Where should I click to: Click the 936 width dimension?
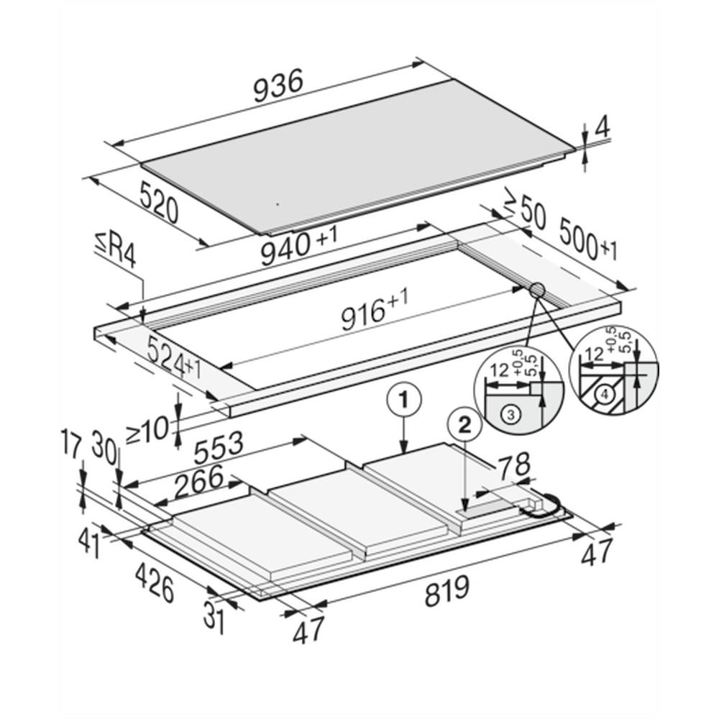coord(278,86)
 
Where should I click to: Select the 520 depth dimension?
coord(158,202)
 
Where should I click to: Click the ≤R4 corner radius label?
coord(116,251)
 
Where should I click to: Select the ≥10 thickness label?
coord(147,431)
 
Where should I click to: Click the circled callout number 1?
coord(403,400)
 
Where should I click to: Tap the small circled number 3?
coord(510,415)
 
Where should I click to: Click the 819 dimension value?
coord(446,591)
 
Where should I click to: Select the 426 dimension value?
coord(155,582)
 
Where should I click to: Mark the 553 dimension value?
coord(219,448)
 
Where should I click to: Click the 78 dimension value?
coord(515,465)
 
